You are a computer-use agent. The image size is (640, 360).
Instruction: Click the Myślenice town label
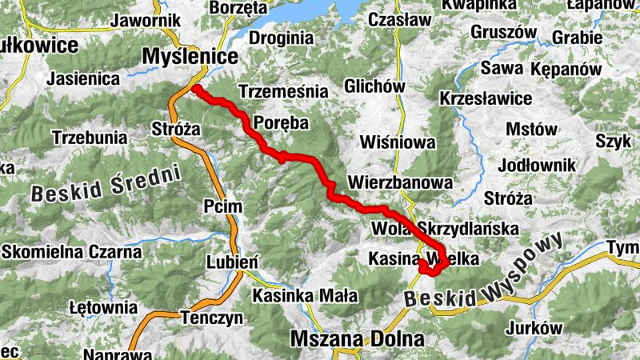click(x=190, y=57)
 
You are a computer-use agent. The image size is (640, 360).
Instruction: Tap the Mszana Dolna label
click(x=357, y=338)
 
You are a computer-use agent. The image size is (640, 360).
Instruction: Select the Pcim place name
click(x=222, y=206)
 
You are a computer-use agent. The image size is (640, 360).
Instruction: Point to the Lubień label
click(x=232, y=262)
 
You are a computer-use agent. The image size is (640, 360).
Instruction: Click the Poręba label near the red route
click(x=281, y=122)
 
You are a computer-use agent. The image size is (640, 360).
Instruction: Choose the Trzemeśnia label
click(x=283, y=91)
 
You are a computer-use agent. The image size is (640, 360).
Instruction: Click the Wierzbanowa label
click(x=400, y=182)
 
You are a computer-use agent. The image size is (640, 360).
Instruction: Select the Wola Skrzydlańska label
click(x=446, y=230)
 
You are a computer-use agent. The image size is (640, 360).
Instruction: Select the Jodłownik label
click(x=536, y=165)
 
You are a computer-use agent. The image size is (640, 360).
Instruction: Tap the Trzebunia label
click(x=89, y=137)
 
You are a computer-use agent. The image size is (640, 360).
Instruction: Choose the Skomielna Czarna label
click(x=71, y=252)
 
